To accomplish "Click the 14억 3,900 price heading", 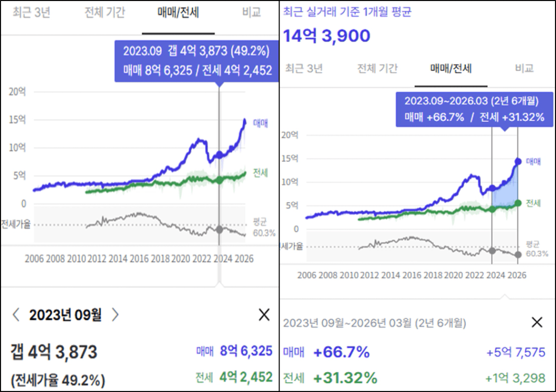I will [327, 35].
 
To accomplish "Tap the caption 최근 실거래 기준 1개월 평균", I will [347, 12].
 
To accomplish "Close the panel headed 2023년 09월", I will [264, 315].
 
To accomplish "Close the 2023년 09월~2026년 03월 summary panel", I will [537, 322].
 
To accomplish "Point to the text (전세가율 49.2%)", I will [57, 379].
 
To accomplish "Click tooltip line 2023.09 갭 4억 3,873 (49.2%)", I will [196, 51].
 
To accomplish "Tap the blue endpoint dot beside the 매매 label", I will [517, 161].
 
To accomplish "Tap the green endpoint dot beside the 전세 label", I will [517, 203].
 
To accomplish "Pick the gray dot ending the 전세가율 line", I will [517, 255].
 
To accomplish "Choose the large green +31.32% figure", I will [345, 378].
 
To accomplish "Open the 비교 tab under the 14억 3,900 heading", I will [524, 68].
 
